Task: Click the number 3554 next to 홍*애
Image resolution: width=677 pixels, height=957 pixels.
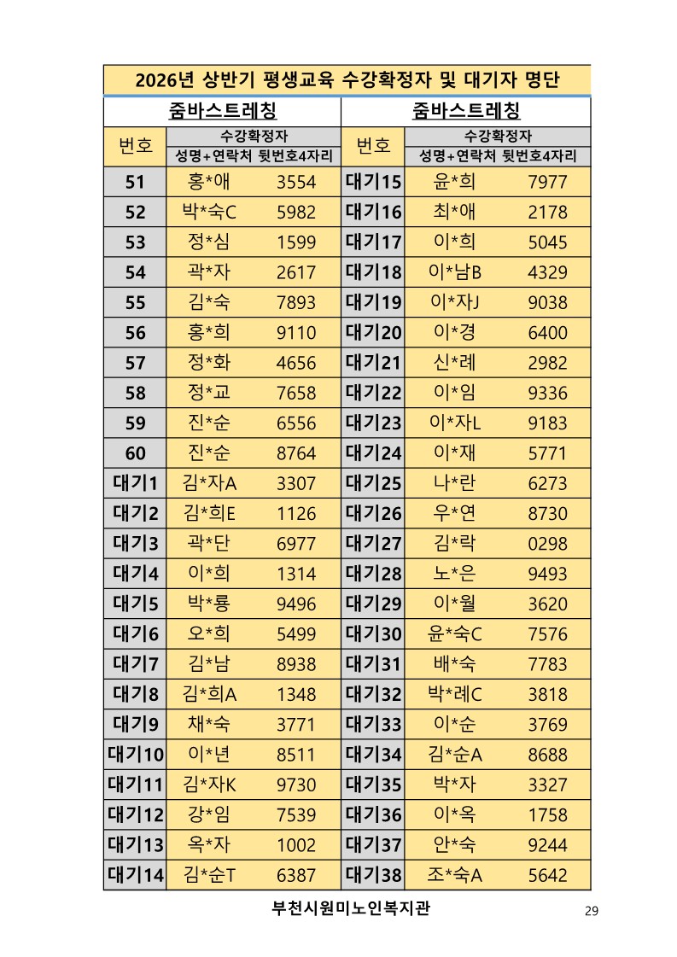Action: click(x=296, y=182)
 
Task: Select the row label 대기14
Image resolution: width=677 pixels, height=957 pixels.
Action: click(x=135, y=875)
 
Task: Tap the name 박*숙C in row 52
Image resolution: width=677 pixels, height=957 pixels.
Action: click(x=209, y=213)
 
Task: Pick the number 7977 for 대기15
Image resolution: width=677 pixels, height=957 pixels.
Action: click(x=547, y=182)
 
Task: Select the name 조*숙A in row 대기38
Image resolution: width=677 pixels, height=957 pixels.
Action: click(x=455, y=875)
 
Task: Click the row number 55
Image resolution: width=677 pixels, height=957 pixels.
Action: click(x=135, y=303)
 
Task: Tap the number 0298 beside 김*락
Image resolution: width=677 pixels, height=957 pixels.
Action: click(x=547, y=545)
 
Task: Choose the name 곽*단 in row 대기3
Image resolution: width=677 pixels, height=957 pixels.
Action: click(x=209, y=545)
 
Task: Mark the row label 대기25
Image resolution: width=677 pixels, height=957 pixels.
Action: click(x=373, y=484)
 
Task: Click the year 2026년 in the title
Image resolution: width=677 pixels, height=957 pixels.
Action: click(x=166, y=81)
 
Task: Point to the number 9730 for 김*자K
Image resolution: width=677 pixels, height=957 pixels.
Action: click(x=296, y=785)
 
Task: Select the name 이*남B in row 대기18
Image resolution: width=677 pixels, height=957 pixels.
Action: click(x=455, y=272)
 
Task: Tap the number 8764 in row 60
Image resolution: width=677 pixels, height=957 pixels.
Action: click(x=296, y=454)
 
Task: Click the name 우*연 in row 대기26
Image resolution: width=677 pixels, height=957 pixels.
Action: click(x=455, y=514)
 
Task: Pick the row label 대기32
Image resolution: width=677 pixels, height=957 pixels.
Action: click(x=373, y=695)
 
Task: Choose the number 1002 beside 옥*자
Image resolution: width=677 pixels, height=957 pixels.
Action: click(x=296, y=845)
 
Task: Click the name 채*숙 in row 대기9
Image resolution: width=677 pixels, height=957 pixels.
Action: click(x=209, y=726)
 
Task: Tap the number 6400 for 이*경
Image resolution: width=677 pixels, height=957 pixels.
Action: click(x=547, y=333)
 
